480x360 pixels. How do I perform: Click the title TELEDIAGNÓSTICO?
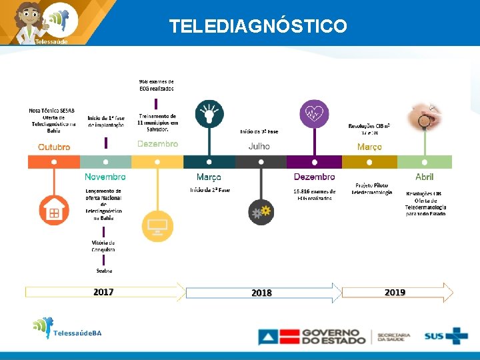257,26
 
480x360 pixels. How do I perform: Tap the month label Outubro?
54,147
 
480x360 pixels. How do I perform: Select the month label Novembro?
105,177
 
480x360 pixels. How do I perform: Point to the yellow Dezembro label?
157,144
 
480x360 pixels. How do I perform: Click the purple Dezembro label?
315,177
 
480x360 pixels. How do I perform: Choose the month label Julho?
259,146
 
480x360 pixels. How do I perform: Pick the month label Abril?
425,177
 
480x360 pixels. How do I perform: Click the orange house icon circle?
54,212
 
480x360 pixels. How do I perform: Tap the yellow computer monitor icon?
158,226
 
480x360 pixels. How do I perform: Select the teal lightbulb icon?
209,113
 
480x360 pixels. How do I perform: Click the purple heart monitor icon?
314,113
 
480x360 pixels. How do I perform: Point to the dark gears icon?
261,212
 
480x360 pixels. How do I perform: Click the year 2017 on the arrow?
103,292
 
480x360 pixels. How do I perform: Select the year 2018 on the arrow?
261,293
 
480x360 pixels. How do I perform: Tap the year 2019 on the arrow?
395,292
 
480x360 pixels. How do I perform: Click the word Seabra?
104,271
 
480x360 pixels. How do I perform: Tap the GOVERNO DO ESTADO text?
330,336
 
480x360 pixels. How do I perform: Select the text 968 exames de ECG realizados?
157,85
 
